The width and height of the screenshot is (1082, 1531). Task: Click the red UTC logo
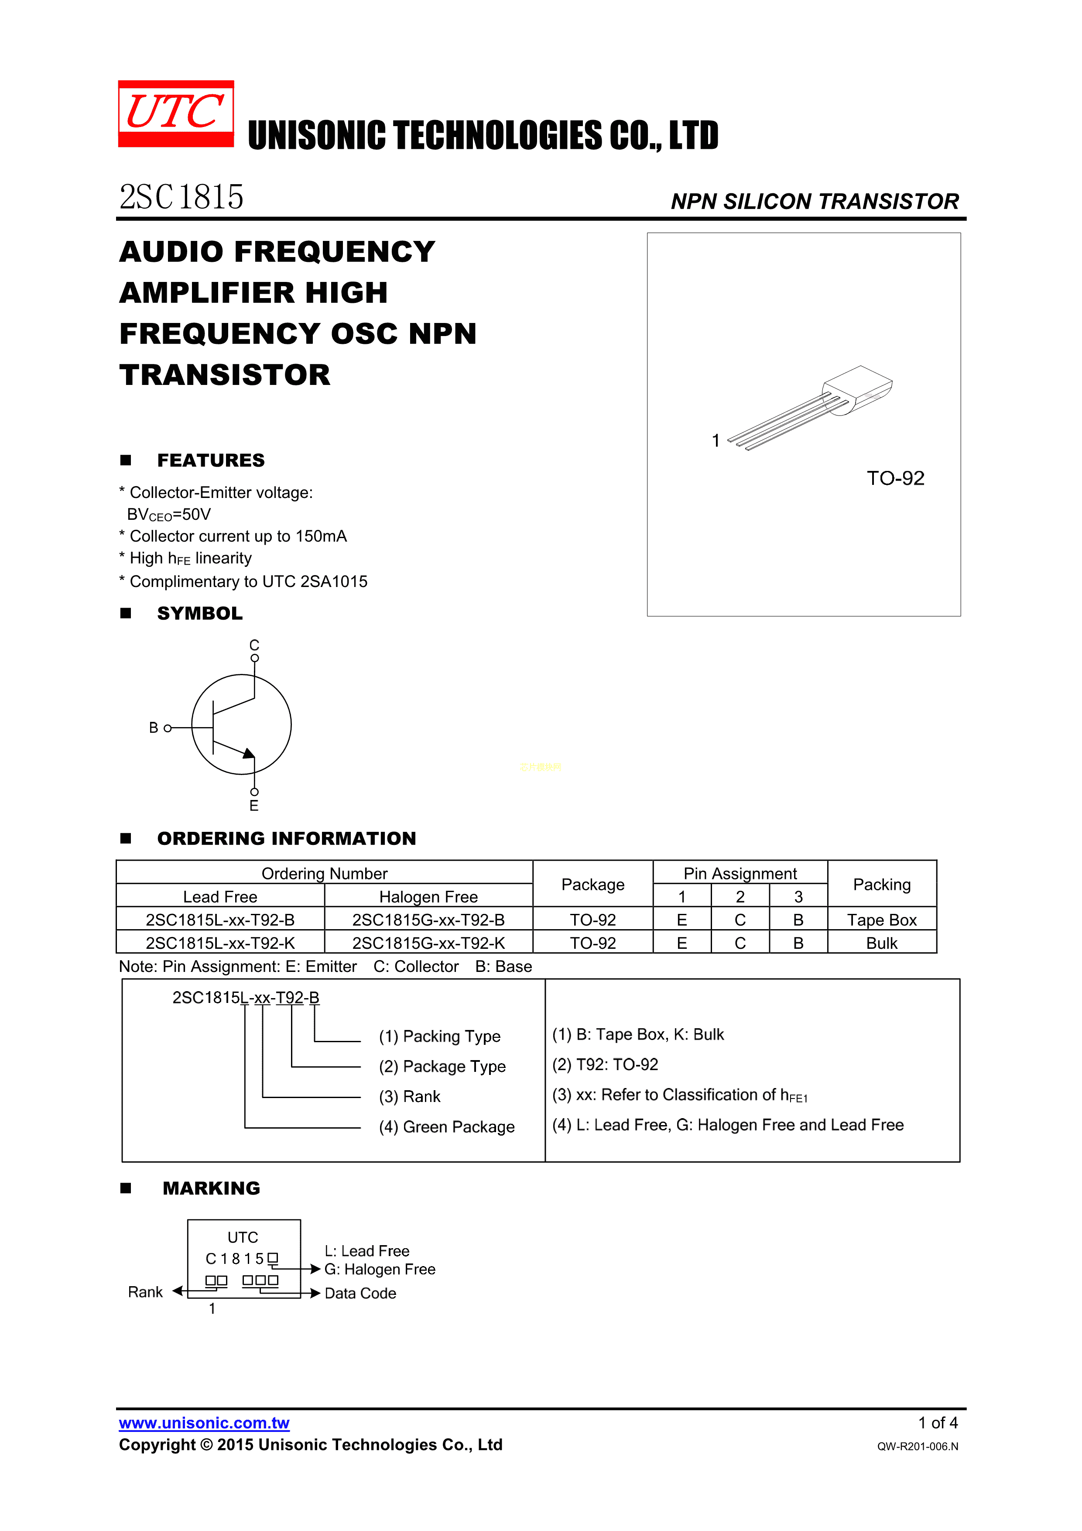pos(176,113)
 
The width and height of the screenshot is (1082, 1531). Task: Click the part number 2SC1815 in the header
pos(181,197)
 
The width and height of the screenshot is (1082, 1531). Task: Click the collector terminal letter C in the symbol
pos(254,645)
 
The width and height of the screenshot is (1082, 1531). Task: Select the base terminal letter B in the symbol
pos(153,728)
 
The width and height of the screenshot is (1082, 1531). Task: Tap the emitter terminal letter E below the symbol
pos(254,806)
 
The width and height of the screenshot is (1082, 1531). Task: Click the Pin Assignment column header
pos(740,874)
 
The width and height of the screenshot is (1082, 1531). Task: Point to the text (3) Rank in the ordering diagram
pos(409,1096)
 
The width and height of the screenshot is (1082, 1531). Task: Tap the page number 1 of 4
pos(937,1422)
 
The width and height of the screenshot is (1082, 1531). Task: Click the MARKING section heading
pos(211,1188)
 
